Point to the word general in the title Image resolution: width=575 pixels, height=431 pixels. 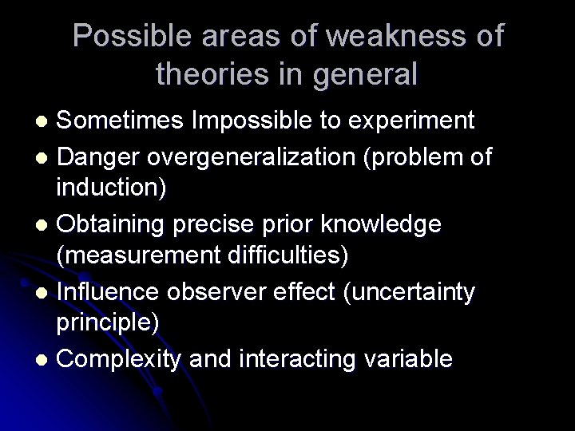[365, 74]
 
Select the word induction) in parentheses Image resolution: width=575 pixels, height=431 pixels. [111, 189]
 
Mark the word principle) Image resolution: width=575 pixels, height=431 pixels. [108, 325]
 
